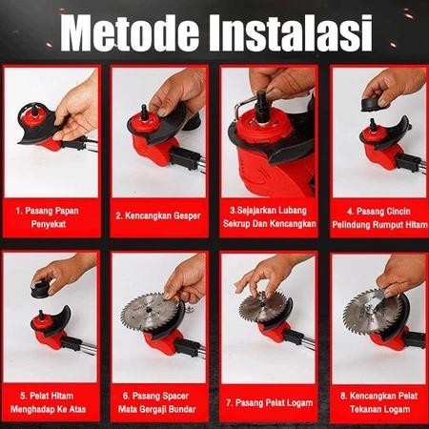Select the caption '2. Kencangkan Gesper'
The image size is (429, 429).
coord(161,215)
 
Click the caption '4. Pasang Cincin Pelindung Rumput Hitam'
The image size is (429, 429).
coord(377,214)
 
